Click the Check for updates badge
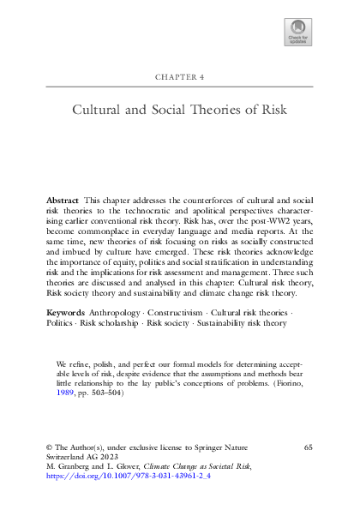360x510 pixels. (297, 33)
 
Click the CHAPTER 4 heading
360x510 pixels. (180, 75)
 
